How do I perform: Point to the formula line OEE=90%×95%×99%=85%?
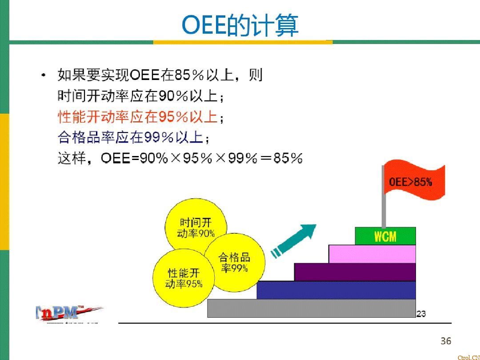coord(180,158)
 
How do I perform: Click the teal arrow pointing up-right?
coord(296,240)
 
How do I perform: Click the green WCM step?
coord(385,236)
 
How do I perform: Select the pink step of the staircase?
coord(372,254)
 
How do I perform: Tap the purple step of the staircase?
coord(355,272)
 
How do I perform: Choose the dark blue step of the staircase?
coord(336,290)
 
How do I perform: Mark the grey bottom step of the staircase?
coord(311,308)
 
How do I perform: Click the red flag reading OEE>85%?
coord(413,182)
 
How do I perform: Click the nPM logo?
coord(67,313)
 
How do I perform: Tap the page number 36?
coord(445,341)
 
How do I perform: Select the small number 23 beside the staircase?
coord(421,314)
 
